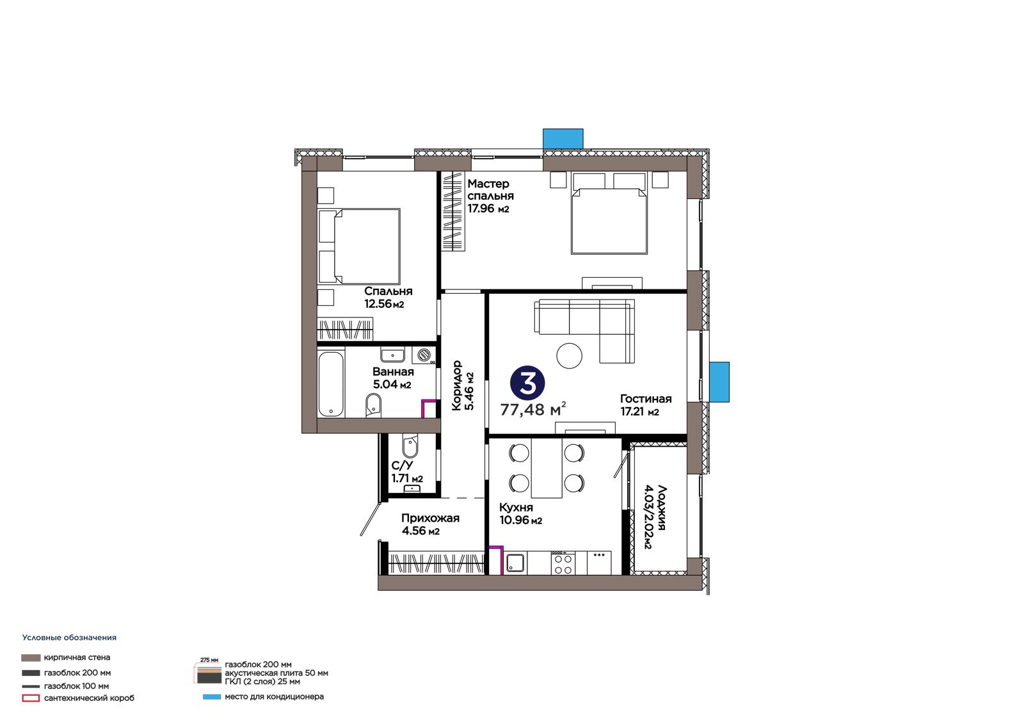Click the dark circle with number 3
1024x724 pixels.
coord(527,383)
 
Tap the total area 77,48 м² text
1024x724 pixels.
coord(533,409)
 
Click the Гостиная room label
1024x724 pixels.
coord(646,399)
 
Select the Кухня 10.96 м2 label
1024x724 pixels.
coord(521,513)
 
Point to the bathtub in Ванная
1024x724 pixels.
coord(331,384)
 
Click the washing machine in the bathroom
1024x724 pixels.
coord(423,355)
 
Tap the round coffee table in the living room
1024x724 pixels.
coord(569,355)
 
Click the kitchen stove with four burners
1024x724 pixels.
coord(563,563)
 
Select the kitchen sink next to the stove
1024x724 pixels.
coord(515,563)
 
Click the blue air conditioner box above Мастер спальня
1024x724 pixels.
coord(563,138)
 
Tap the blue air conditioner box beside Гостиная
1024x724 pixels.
coord(719,382)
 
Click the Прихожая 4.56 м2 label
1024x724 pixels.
coord(430,524)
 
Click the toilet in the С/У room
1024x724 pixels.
coord(410,446)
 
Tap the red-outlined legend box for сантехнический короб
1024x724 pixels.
coord(31,698)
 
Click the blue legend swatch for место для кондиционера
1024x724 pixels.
coord(212,697)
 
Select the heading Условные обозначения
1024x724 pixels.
coord(70,638)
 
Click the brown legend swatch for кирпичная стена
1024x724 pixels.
coord(31,657)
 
